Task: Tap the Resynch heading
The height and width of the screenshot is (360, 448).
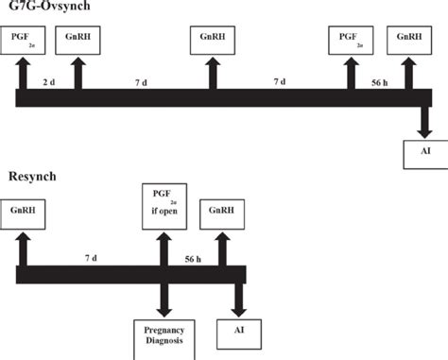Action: point(32,177)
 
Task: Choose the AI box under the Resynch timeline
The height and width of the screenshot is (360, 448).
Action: point(237,333)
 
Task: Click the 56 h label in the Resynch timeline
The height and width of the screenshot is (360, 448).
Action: point(193,257)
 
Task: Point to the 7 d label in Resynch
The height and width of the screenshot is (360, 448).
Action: point(90,257)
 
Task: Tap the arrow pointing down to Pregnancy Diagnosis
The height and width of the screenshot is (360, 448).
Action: point(163,300)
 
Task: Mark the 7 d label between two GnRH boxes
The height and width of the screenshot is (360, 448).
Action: point(141,82)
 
